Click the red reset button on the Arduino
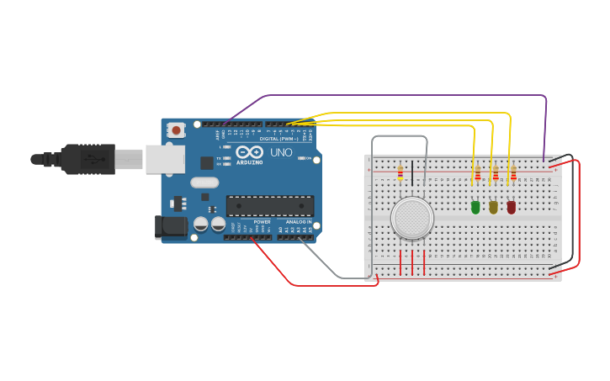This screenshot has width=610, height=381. [x=176, y=130]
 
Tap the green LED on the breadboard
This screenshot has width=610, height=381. [x=475, y=207]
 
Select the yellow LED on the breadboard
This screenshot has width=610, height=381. [x=493, y=207]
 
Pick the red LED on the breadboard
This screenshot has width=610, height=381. [x=511, y=207]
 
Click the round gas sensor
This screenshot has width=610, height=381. [x=412, y=218]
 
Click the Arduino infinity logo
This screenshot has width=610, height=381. [x=250, y=153]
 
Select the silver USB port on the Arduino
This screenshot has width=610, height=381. [x=165, y=159]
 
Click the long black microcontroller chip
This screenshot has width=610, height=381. [x=270, y=205]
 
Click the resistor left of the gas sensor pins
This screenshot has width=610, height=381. [x=400, y=173]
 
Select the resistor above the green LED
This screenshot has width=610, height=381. [x=478, y=174]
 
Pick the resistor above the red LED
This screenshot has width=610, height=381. [x=513, y=174]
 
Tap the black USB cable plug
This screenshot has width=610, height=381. [x=84, y=159]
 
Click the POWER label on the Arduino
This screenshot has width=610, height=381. [x=262, y=222]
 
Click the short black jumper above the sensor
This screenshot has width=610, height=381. [x=412, y=171]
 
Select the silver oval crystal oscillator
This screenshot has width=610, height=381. [x=204, y=183]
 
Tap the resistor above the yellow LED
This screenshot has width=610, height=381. [x=496, y=174]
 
